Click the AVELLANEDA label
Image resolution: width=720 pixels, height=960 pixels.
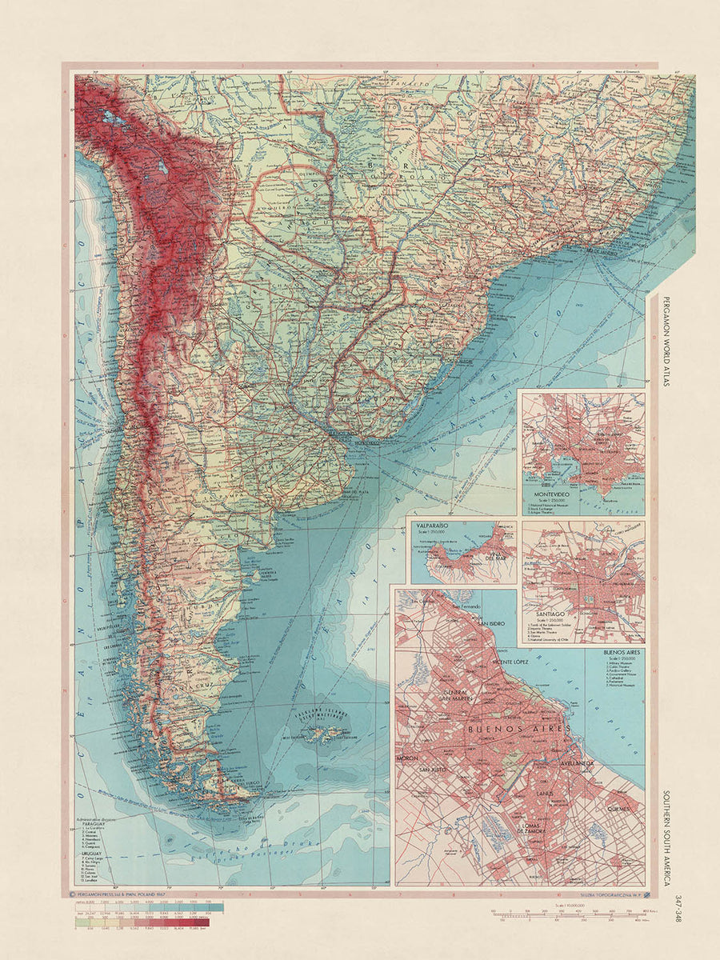tap(570, 765)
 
